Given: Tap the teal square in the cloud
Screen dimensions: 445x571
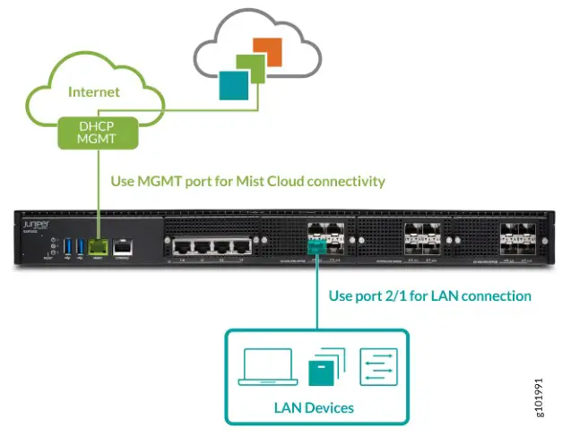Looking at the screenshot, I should pos(233,85).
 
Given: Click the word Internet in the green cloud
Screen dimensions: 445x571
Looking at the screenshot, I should pos(93,91).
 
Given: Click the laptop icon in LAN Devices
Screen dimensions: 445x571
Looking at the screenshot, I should pos(267,367).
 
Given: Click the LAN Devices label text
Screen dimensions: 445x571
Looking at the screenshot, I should pos(313,407).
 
